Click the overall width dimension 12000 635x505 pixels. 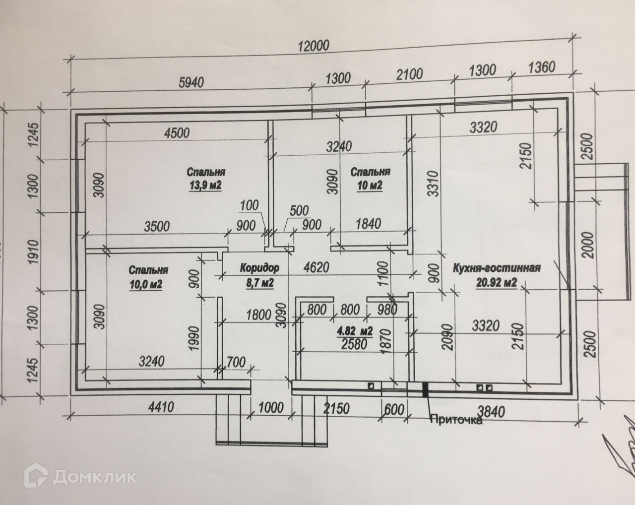(x=314, y=45)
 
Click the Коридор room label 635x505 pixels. (x=259, y=268)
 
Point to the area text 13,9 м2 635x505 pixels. (x=204, y=186)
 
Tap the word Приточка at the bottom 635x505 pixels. (x=455, y=420)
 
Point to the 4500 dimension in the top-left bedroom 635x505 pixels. (x=178, y=132)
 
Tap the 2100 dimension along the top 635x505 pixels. (x=410, y=74)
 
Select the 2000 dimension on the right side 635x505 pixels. (x=588, y=245)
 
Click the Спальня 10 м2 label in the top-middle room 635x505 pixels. (x=370, y=179)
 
